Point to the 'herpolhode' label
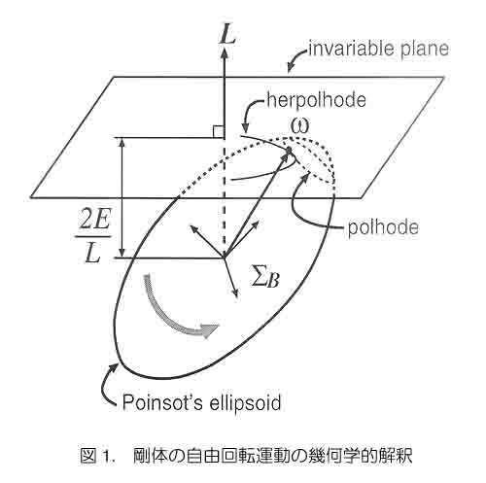pyautogui.click(x=316, y=100)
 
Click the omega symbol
pyautogui.click(x=299, y=126)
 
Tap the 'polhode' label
pyautogui.click(x=383, y=227)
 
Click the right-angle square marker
pyautogui.click(x=218, y=132)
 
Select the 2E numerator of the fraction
pyautogui.click(x=94, y=221)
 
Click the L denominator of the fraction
pyautogui.click(x=92, y=252)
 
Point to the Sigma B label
pyautogui.click(x=265, y=279)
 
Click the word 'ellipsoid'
pyautogui.click(x=249, y=403)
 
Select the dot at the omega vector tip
pyautogui.click(x=289, y=150)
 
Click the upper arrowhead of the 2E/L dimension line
pyautogui.click(x=121, y=143)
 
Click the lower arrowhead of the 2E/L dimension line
pyautogui.click(x=121, y=253)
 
